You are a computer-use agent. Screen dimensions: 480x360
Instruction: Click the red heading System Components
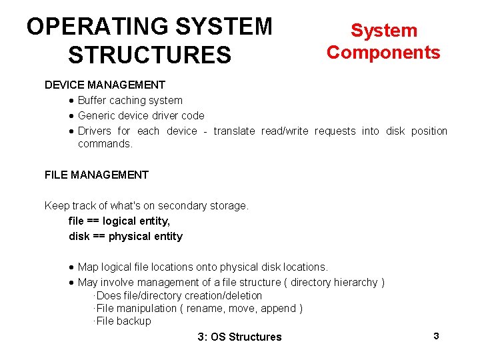coord(383,41)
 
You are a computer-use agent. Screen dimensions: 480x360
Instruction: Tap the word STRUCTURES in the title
coord(149,55)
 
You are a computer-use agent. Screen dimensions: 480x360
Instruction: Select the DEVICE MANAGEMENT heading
coord(105,85)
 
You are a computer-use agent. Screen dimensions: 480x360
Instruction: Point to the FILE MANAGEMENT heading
coord(97,175)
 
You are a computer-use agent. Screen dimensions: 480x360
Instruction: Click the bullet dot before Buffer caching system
coord(71,101)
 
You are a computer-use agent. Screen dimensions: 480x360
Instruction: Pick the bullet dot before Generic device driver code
coord(71,116)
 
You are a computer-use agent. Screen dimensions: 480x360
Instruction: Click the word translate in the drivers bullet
coord(234,131)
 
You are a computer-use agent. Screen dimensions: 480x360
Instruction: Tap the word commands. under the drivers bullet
coord(105,143)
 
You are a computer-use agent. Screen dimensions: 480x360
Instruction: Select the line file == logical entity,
coord(119,221)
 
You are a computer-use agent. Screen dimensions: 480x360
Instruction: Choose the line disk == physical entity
coord(125,236)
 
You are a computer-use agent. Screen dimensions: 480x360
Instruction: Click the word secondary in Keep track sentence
coord(183,205)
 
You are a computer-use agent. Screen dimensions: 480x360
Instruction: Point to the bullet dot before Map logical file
coord(71,267)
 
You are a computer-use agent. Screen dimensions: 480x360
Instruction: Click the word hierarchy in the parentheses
coord(353,282)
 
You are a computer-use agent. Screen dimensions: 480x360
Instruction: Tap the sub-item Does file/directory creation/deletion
coord(179,295)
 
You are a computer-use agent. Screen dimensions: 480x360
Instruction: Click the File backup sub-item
coord(123,321)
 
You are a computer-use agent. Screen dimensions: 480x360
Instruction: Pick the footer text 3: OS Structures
coord(240,337)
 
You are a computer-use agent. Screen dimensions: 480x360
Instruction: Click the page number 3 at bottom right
coord(436,336)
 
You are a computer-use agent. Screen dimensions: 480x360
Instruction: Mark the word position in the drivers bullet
coord(429,131)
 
